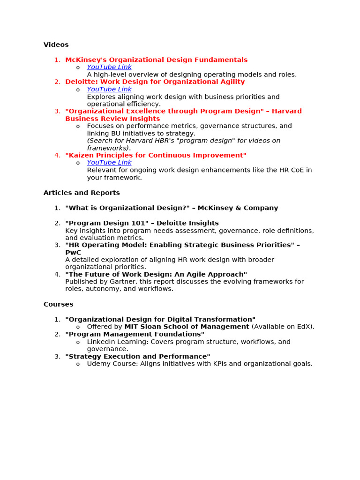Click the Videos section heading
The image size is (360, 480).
(56, 45)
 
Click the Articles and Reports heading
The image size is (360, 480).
(82, 193)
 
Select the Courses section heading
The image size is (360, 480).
(58, 304)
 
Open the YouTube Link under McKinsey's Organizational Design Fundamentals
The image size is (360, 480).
(109, 67)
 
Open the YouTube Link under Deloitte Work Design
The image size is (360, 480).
(109, 89)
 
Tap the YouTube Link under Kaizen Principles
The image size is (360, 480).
(109, 163)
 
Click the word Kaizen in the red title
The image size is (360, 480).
(80, 155)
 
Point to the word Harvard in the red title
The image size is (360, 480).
(287, 111)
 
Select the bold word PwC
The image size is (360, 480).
(73, 253)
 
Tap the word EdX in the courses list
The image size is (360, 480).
(305, 327)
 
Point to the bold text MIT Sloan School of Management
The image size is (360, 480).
(187, 327)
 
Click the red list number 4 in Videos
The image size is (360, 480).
(57, 155)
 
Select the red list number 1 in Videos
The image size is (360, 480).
(57, 60)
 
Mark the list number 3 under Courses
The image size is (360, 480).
(57, 357)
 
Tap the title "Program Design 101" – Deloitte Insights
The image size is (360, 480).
(142, 223)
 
